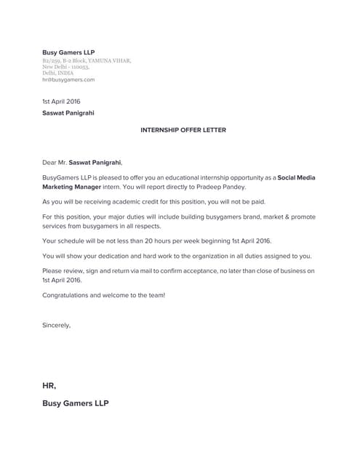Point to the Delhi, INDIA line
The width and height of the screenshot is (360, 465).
tap(58, 73)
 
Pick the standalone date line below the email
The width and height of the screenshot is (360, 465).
tap(61, 101)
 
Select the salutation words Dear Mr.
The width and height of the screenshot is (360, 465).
tap(55, 163)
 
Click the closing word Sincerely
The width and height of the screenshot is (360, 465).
tap(56, 325)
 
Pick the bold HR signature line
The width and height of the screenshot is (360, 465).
tap(49, 386)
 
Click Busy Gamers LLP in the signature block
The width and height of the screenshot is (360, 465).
tap(76, 403)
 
